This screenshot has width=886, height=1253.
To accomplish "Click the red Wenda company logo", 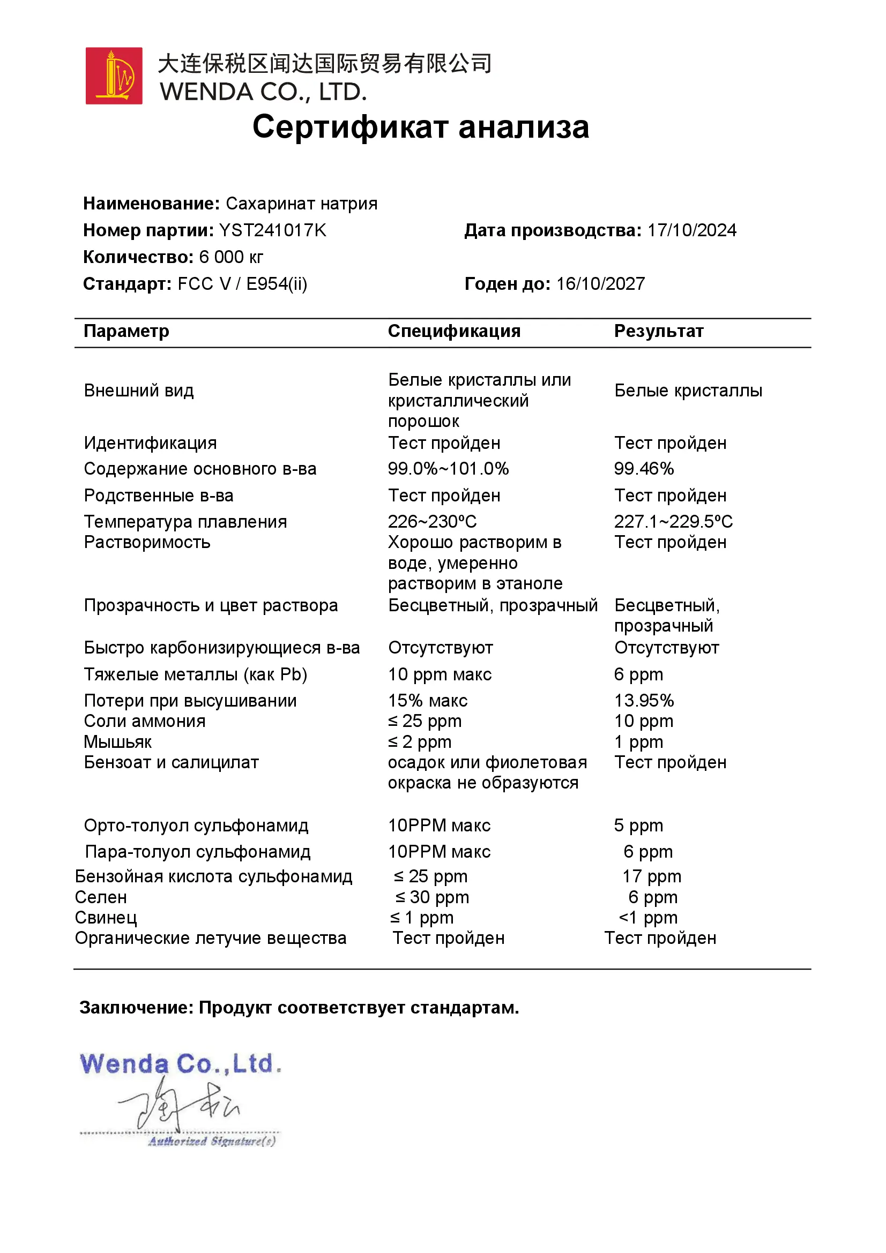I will [x=114, y=76].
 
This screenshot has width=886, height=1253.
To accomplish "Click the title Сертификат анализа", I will [x=420, y=127].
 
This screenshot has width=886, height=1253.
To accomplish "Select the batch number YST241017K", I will [x=272, y=230].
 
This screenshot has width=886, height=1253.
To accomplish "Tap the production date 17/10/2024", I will [x=691, y=230].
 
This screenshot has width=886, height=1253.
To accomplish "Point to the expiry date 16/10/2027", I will [x=600, y=284].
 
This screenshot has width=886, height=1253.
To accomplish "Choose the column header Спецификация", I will [x=453, y=331].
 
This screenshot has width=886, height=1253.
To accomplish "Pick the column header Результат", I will [x=658, y=331].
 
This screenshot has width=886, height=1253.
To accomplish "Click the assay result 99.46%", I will [x=644, y=469].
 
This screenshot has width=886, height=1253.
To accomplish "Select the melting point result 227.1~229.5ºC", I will [x=673, y=522].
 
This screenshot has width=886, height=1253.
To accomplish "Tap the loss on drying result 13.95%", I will [x=644, y=701].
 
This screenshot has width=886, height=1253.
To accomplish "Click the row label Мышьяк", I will [x=117, y=742].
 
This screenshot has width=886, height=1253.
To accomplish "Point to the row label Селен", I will [x=101, y=897].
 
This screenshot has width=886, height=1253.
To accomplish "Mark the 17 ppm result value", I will [x=651, y=876].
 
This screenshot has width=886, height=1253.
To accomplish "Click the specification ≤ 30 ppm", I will [x=432, y=897].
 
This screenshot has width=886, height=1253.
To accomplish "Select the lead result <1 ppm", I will [x=648, y=918].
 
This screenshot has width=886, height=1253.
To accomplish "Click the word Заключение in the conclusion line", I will [x=136, y=1008].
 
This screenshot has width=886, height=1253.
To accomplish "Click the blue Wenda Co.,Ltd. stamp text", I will [x=180, y=1065].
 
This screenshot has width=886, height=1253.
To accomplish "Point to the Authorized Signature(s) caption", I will [x=212, y=1142].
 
